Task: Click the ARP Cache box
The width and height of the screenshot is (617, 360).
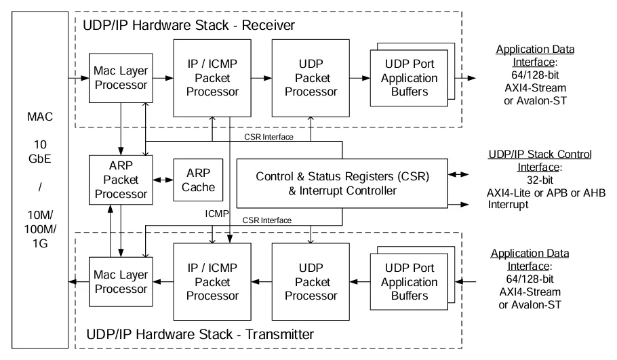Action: [198, 180]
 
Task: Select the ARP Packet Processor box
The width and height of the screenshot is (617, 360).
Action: [121, 180]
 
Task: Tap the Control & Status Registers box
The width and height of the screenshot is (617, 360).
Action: [342, 183]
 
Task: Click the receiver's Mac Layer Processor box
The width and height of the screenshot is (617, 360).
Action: [121, 78]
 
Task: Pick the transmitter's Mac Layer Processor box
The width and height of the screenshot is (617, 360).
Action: [121, 282]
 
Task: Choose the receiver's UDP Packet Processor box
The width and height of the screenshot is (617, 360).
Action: [311, 78]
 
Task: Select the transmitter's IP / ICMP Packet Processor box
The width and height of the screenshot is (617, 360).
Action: [212, 282]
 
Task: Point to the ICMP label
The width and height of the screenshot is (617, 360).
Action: [216, 214]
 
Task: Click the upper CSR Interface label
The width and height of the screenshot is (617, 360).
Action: [268, 137]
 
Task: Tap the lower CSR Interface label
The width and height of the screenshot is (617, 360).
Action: [266, 220]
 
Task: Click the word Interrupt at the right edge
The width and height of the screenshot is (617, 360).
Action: [508, 205]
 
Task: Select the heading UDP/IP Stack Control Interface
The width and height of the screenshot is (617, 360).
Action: [540, 161]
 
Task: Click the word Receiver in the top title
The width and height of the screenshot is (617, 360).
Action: [268, 25]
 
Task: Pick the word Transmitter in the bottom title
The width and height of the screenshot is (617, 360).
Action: [279, 334]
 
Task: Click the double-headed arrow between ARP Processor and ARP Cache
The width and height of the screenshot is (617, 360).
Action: [163, 180]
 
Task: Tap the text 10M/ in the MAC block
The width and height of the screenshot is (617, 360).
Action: [40, 215]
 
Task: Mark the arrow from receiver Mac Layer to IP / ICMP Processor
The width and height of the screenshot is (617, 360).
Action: [163, 78]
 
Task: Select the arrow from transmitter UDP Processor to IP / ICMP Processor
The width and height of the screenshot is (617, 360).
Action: [261, 282]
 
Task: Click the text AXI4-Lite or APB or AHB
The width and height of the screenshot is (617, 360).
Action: [546, 193]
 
